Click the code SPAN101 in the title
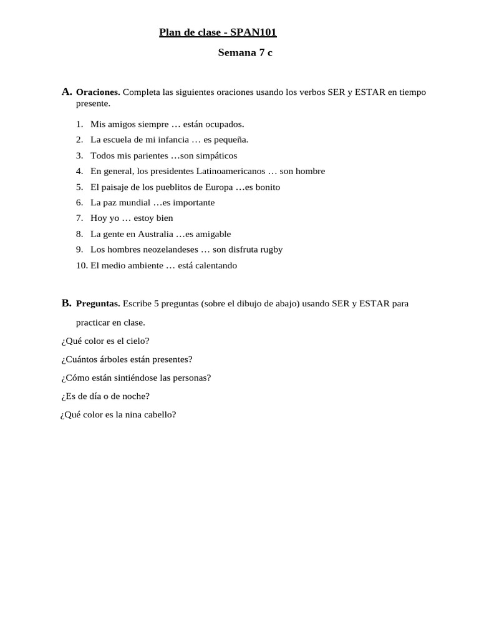254,32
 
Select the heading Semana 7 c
245,53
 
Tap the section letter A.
67,92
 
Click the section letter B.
67,303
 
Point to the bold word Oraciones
98,92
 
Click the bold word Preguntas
98,304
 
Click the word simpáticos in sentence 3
216,155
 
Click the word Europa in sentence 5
219,187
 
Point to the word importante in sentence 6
194,202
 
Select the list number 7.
80,218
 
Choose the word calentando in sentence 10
215,265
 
